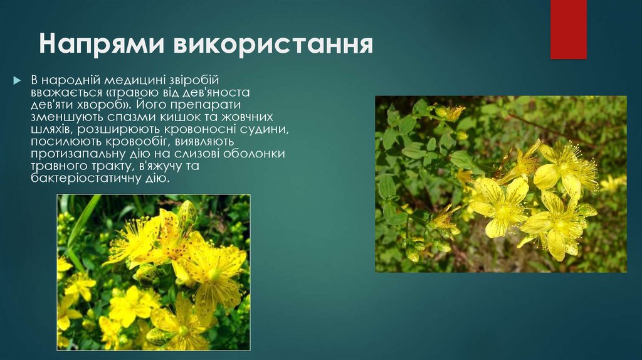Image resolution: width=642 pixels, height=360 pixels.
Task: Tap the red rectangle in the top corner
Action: [568, 29]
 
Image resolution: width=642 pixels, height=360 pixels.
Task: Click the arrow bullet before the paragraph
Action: [18, 81]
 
